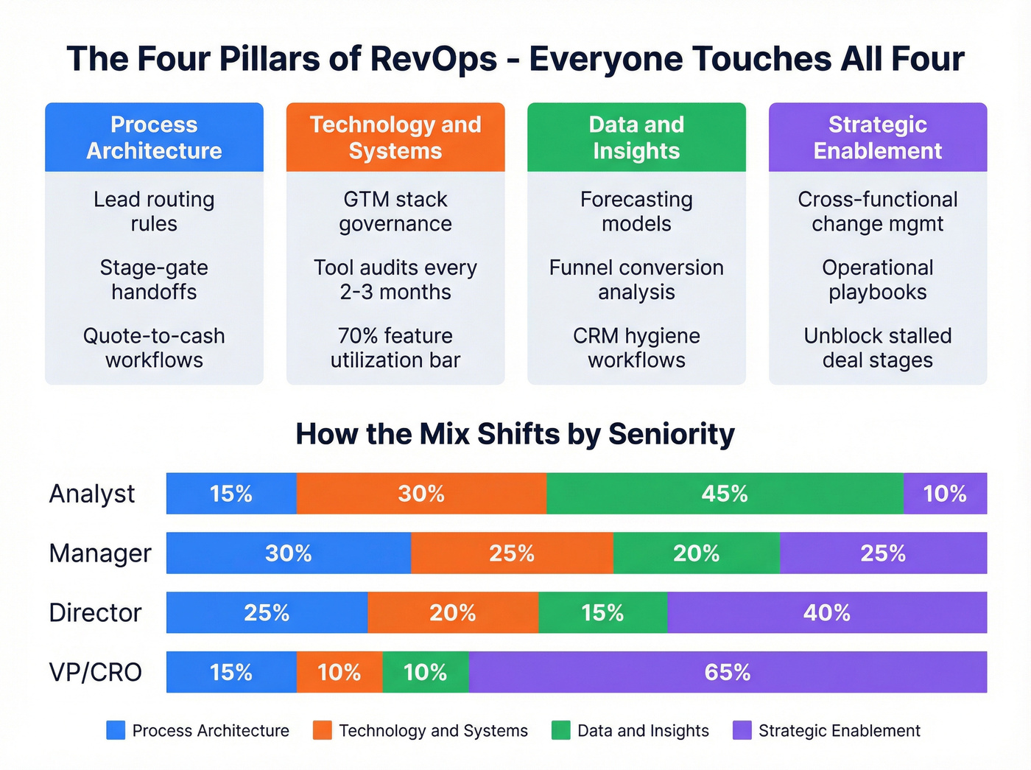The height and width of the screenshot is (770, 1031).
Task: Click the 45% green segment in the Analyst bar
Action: coord(725,494)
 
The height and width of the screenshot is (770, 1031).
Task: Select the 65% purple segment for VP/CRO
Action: coord(728,672)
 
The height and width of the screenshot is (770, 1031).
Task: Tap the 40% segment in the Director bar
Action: coord(826,612)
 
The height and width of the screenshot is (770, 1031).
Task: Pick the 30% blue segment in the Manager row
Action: coord(288,553)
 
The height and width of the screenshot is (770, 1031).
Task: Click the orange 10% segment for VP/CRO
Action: coord(339,672)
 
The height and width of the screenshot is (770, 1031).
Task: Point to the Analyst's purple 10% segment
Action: coord(945,494)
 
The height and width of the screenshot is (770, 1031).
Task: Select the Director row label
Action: coord(95,613)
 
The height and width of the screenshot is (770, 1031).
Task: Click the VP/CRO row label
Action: coord(95,673)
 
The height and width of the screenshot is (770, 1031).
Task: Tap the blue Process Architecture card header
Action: coord(154,138)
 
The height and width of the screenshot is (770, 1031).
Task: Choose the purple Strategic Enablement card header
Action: coord(877,138)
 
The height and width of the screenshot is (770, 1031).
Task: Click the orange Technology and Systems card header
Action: coord(395,138)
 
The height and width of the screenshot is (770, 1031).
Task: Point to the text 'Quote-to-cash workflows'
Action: coord(154,348)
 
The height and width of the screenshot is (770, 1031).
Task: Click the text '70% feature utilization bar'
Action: coord(395,348)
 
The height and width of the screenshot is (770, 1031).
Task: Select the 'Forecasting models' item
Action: coord(636,211)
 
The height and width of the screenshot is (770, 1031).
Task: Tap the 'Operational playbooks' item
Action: coord(877,280)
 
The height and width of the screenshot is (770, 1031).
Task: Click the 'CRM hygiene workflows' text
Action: coord(636,348)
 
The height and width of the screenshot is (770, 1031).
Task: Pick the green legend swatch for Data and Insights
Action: coord(561,730)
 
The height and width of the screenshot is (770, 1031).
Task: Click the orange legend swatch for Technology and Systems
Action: coord(322,730)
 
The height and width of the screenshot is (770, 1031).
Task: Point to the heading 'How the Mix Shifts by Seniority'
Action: coord(515,434)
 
